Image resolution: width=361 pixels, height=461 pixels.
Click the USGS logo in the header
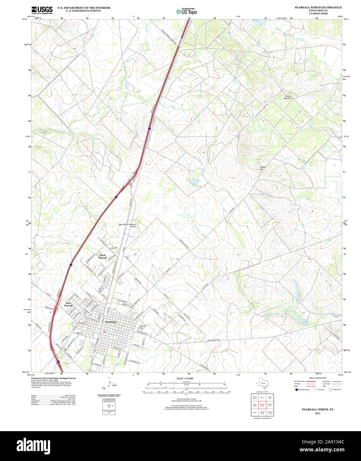(42, 10)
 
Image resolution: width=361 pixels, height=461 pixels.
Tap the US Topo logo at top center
(186, 11)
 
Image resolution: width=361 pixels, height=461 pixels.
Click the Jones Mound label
(287, 97)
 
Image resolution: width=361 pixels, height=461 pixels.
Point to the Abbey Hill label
(263, 168)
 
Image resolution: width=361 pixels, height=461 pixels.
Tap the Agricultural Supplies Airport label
(127, 225)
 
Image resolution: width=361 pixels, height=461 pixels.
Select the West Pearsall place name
(68, 304)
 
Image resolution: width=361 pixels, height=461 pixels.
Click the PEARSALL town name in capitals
(110, 322)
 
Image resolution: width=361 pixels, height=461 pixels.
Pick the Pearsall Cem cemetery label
(143, 327)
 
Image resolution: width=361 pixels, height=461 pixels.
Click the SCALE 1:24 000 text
(185, 378)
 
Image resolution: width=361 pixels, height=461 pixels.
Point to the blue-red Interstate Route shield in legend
(296, 390)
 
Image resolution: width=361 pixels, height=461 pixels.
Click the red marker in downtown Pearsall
(104, 331)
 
